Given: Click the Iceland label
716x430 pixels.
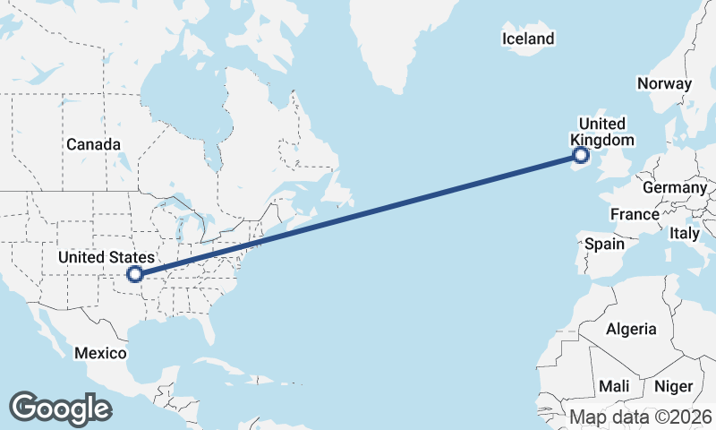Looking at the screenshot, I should (x=528, y=39).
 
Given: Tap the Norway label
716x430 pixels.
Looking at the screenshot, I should (x=664, y=83).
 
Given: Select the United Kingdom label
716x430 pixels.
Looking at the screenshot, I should (x=602, y=132).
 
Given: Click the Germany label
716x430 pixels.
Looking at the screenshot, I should (x=675, y=188).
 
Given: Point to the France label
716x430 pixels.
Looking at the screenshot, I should (x=635, y=215).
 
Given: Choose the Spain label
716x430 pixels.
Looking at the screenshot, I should (x=604, y=244).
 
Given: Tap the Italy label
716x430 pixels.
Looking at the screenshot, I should (x=685, y=233).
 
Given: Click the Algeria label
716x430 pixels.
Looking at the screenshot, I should (x=631, y=329).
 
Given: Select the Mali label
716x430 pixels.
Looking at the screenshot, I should (x=614, y=386).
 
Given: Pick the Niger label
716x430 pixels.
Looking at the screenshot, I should (x=673, y=386).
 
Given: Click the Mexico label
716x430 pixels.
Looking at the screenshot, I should (x=100, y=353).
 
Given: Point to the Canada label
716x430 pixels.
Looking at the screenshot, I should (x=92, y=144).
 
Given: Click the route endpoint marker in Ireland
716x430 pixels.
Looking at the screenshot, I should (x=582, y=156).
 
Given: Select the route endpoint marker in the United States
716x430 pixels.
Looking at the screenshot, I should (x=135, y=274).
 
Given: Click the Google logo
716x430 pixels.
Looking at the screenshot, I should (x=60, y=408).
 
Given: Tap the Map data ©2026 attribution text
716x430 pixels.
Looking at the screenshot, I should (x=641, y=417).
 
